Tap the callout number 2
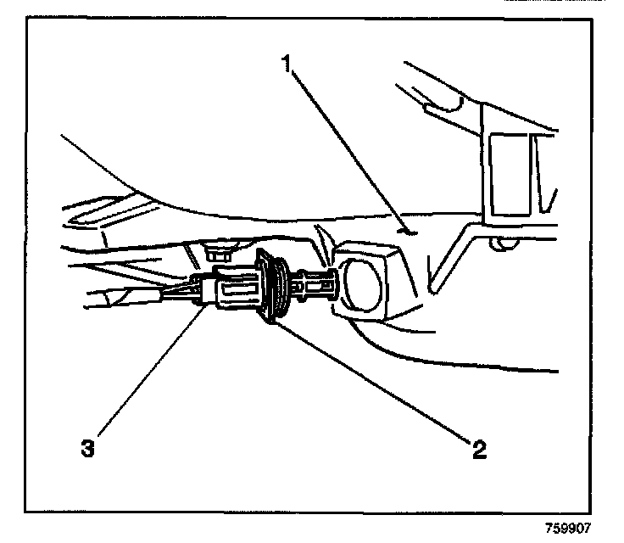tap(480, 448)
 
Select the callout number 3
tap(86, 448)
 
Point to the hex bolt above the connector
tap(219, 252)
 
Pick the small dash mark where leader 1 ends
tap(407, 228)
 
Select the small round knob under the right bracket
tap(507, 244)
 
